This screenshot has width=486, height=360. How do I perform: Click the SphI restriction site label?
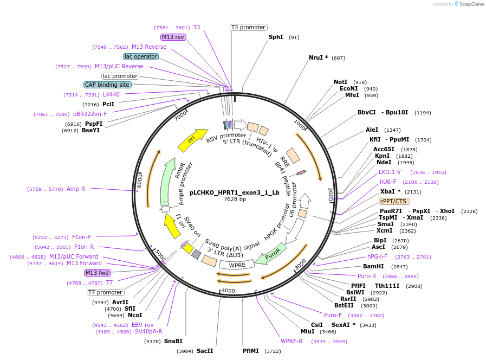[x=276, y=37]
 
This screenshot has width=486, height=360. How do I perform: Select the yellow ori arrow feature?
[x=192, y=140]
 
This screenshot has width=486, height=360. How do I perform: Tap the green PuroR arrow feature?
[x=269, y=255]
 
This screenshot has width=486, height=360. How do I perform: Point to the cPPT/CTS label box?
[x=394, y=201]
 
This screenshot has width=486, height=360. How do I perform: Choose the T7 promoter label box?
[x=105, y=293]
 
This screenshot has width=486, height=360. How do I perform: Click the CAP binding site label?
[x=107, y=85]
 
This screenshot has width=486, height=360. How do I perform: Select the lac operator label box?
[x=140, y=56]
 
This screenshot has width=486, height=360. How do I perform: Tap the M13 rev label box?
[x=173, y=37]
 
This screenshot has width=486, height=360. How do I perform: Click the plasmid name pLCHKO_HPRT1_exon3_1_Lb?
[x=235, y=192]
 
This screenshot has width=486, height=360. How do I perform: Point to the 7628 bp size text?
[x=235, y=200]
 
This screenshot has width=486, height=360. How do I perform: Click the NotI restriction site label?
[x=340, y=82]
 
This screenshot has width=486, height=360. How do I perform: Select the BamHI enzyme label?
[x=373, y=266]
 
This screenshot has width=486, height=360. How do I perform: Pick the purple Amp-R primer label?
[x=76, y=189]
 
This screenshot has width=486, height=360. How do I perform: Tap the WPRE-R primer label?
[x=291, y=342]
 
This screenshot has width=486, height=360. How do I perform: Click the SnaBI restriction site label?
[x=173, y=341]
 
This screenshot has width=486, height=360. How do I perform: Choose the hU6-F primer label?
[x=388, y=182]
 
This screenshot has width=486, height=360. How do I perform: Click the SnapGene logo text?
[x=469, y=4]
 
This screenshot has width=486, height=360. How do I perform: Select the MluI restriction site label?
[x=307, y=331]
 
